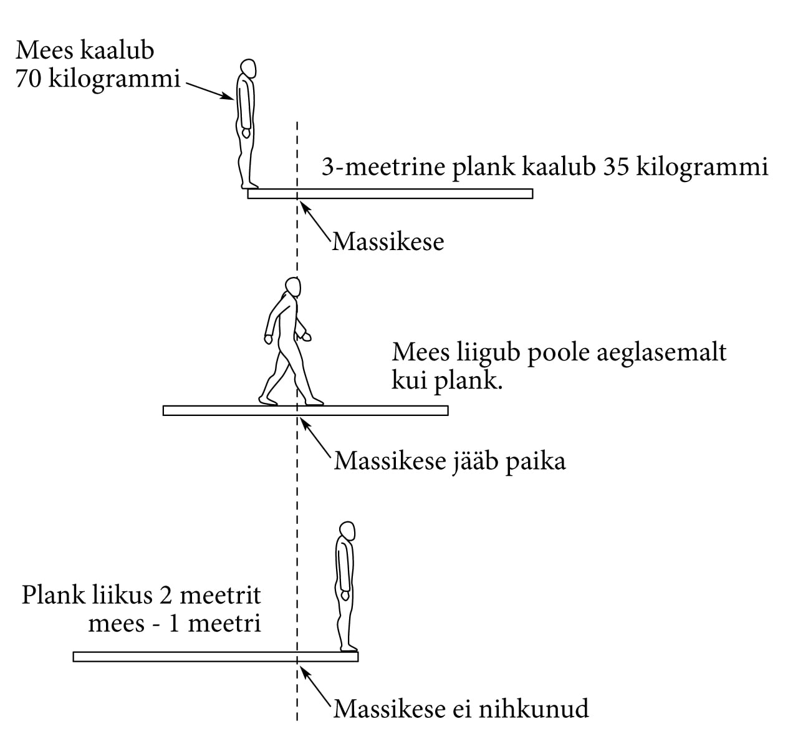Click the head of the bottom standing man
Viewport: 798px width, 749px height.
[x=347, y=532]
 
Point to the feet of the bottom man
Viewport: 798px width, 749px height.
[x=349, y=649]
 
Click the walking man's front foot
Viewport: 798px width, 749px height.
[x=315, y=402]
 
